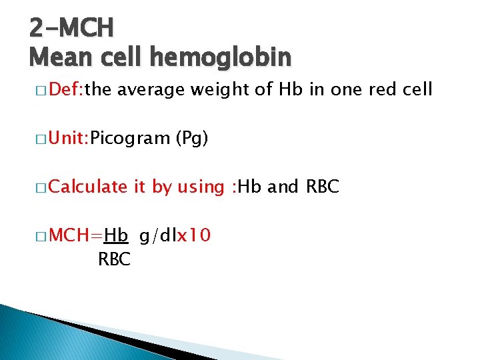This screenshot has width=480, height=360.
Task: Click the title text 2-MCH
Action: point(72,27)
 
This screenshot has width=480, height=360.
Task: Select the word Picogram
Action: point(131,139)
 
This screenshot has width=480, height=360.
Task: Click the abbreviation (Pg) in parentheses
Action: point(192,139)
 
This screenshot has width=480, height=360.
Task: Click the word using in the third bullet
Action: point(200,188)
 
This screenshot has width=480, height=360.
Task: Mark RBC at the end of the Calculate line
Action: point(323,187)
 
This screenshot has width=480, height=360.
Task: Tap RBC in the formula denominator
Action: point(114,260)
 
